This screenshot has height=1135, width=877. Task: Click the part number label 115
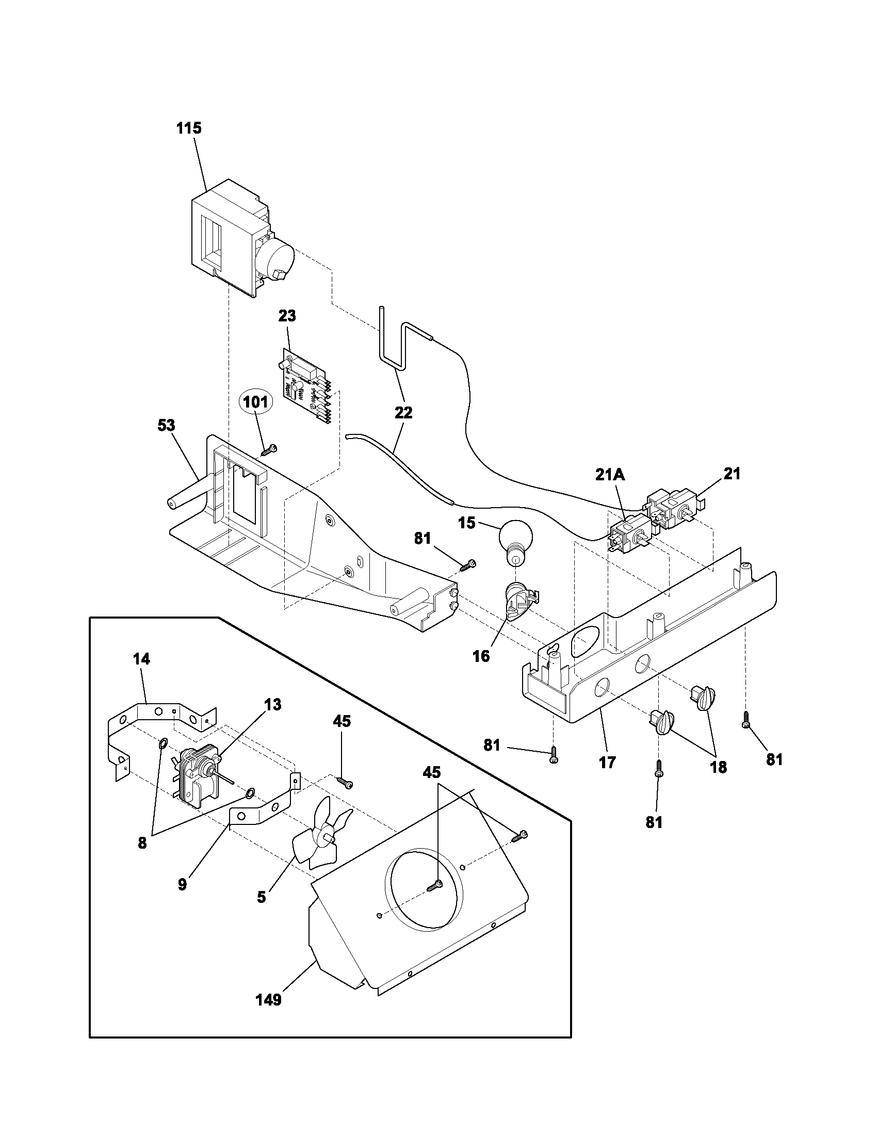coord(189,128)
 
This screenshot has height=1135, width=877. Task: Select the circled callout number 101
coord(255,402)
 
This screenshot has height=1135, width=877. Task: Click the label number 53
coord(166,426)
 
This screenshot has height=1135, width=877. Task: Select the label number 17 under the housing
coord(607,763)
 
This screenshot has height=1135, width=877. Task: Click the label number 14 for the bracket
coord(141,659)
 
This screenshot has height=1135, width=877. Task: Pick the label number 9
coord(182,884)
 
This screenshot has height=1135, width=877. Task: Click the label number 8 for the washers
coord(142,843)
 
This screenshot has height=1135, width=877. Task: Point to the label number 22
coord(403,413)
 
